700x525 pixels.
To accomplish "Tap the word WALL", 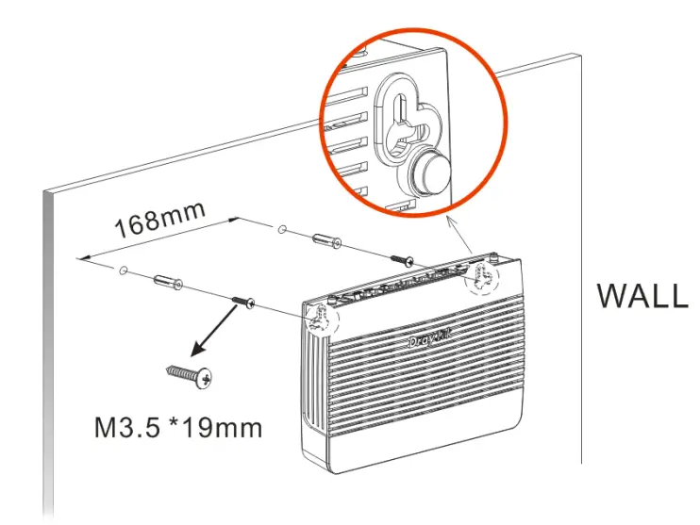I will [x=642, y=295].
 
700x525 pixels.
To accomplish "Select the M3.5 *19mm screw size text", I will [x=178, y=428].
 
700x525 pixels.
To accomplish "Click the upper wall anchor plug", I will [x=326, y=238].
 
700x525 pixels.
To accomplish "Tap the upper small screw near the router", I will [x=404, y=256].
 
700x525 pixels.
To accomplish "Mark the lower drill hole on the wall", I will [x=124, y=270].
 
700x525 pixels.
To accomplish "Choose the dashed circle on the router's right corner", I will [x=485, y=274].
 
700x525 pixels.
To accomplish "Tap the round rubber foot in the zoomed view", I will [x=430, y=172].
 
